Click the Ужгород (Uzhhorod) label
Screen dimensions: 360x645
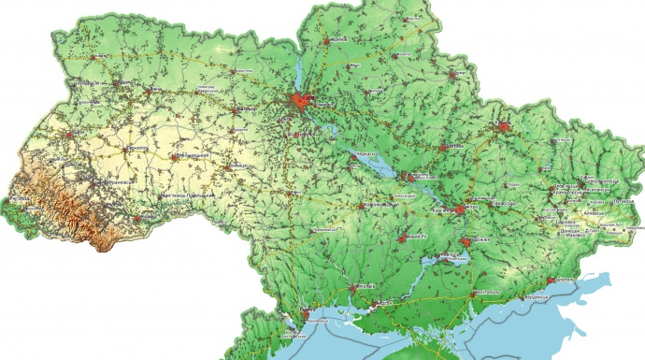(20, 199)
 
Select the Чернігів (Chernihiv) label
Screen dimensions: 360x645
(337, 39)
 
